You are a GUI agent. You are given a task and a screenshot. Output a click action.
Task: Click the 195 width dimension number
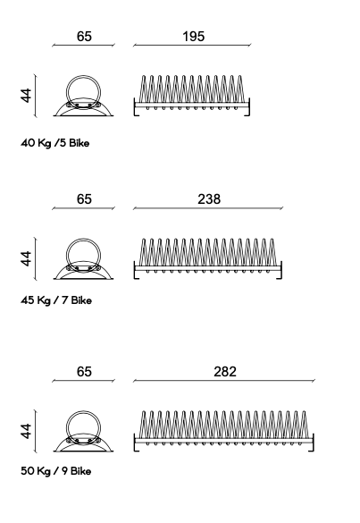[x=193, y=37]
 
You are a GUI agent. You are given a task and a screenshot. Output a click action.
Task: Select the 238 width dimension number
[x=209, y=199]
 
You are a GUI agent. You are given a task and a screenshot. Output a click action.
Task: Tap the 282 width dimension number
[x=225, y=372]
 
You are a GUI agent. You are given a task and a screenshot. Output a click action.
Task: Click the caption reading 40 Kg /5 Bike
[x=55, y=143]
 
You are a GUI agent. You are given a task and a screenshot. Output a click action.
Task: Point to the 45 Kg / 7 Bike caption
[x=56, y=300]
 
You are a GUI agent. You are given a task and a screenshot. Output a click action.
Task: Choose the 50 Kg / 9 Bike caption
[x=55, y=471]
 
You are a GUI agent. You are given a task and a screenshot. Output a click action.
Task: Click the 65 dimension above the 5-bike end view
[x=84, y=37]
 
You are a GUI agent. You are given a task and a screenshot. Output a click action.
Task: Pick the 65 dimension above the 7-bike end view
[x=84, y=199]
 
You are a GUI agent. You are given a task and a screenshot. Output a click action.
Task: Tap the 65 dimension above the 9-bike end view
[x=84, y=372]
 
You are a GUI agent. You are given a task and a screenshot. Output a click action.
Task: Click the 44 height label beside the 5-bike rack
[x=26, y=96]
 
